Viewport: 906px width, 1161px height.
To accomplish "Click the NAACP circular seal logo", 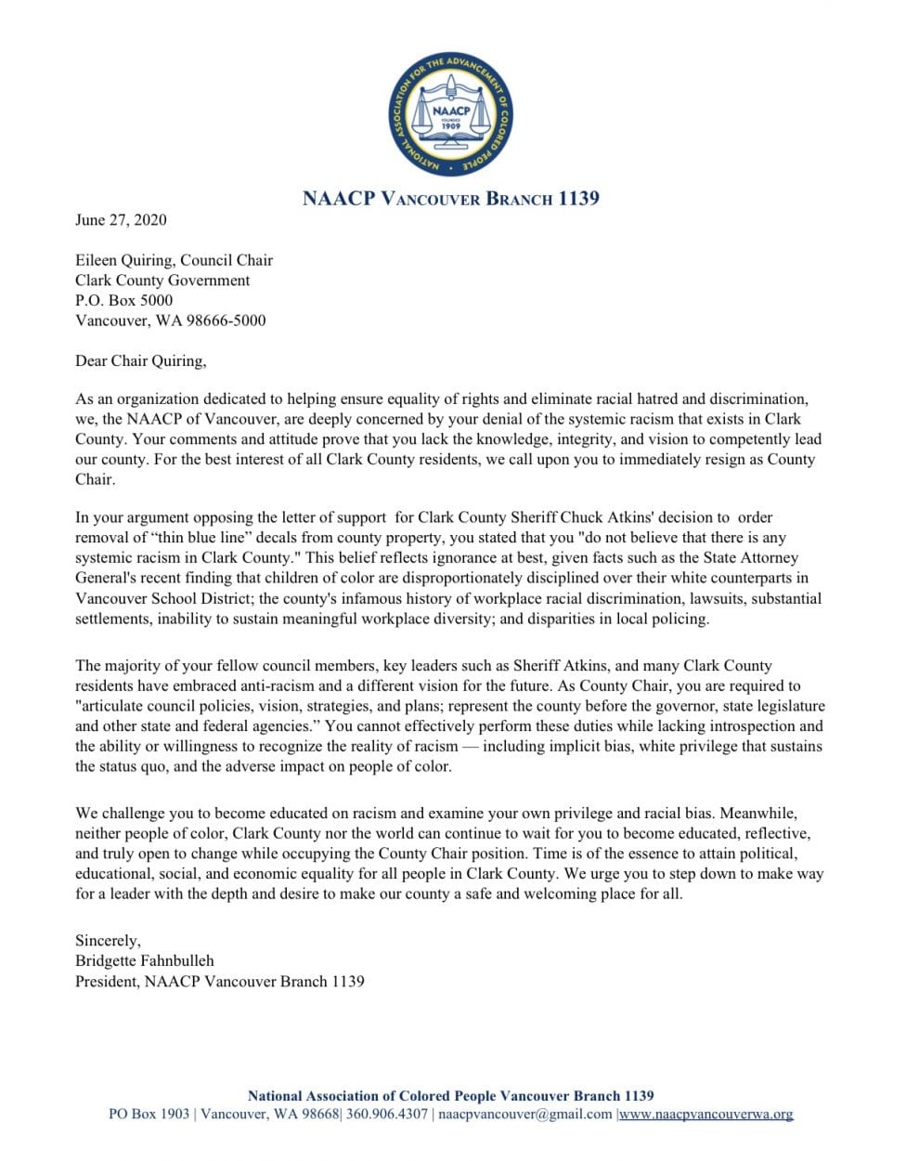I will point(450,115).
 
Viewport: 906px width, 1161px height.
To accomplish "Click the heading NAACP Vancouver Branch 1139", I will point(450,198).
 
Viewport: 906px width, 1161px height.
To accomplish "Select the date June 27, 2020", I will point(121,220).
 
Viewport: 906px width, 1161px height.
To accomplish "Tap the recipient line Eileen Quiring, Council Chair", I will point(174,260).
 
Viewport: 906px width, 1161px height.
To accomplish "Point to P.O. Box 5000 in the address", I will point(123,300).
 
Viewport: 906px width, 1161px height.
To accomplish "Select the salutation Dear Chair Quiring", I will point(140,360).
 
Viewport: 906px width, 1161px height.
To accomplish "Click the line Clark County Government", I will point(162,280).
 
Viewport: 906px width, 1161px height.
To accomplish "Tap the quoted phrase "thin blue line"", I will point(202,537).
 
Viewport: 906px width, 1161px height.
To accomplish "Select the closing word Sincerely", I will point(108,940).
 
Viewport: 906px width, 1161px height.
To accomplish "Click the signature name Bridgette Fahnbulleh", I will point(144,960).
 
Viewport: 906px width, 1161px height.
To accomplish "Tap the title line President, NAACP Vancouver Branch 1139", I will point(219,981).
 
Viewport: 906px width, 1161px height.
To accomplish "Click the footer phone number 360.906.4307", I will point(387,1114).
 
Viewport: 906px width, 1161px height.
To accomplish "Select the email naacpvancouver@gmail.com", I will point(525,1114).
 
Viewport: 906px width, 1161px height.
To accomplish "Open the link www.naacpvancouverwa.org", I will point(706,1114).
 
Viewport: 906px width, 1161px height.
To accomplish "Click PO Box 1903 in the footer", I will point(149,1114).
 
